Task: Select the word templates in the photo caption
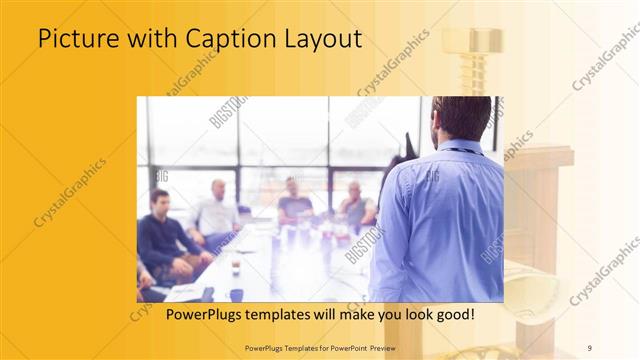[x=269, y=315]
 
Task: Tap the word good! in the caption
[x=452, y=315]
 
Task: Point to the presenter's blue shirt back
[x=440, y=220]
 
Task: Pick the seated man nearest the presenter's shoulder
[x=354, y=205]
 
